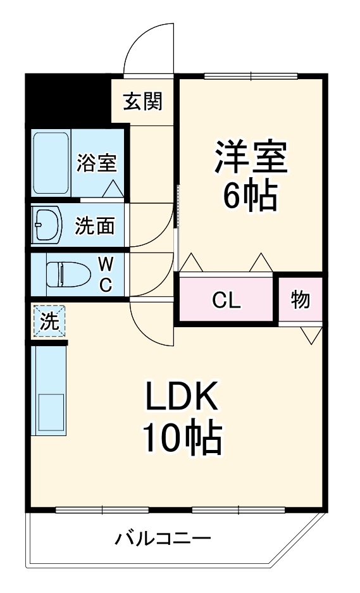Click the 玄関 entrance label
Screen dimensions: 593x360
tap(143, 101)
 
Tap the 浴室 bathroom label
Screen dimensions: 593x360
tap(96, 163)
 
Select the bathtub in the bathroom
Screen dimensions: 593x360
tap(51, 163)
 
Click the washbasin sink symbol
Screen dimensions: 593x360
tap(47, 225)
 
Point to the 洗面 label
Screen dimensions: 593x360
tap(95, 225)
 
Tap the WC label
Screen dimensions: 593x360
tap(105, 274)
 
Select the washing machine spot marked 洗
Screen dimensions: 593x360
tap(48, 321)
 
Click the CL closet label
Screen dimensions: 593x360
tap(226, 301)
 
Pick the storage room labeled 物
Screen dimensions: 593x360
tap(301, 299)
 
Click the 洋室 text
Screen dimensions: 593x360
tap(251, 158)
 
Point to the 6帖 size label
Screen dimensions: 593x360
tap(251, 197)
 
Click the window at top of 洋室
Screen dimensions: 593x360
tap(251, 77)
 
